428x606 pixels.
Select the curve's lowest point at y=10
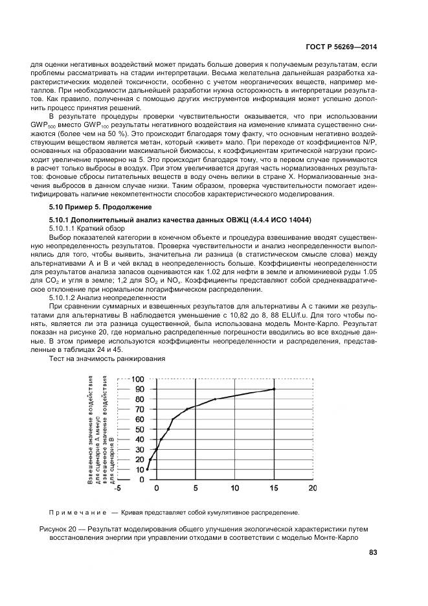[x=148, y=469]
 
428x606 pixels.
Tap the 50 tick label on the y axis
[x=139, y=429]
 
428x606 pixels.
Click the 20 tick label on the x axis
[x=313, y=489]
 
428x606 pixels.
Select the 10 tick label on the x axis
[x=234, y=489]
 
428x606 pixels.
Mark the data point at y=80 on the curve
[x=215, y=399]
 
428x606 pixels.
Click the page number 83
[x=372, y=552]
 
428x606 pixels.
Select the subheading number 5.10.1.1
[x=66, y=229]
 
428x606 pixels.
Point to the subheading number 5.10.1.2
[x=66, y=297]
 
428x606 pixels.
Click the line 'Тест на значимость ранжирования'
[x=108, y=358]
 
